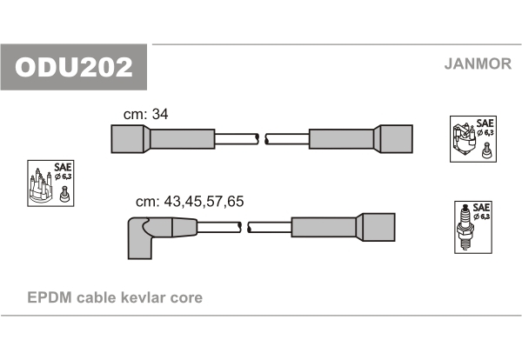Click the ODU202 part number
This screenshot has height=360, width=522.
74,67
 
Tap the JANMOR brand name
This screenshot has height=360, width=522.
478,63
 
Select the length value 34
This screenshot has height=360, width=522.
160,114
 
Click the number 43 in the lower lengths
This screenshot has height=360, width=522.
172,201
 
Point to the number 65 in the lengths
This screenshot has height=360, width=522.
236,201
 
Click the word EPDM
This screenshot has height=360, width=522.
50,297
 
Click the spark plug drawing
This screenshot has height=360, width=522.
465,228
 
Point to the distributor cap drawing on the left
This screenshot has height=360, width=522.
41,186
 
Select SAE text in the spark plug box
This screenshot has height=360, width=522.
481,207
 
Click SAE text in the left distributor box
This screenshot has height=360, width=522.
63,167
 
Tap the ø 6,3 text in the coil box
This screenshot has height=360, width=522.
485,133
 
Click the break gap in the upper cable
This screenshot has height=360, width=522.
262,139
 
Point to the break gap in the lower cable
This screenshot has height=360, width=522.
244,227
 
